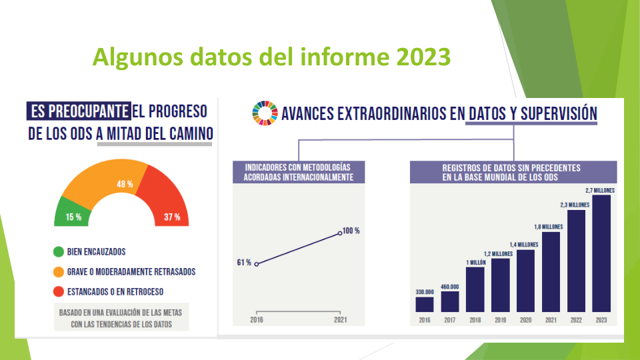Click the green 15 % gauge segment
coord(73,213)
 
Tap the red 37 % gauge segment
coord(167,200)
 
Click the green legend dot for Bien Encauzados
coord(59,252)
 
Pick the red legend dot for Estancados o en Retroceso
coord(59,291)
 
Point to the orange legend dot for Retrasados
coord(59,272)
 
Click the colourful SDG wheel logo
coord(265,113)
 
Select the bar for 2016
coord(425,305)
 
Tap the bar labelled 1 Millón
coord(475,290)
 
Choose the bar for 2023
coord(601,253)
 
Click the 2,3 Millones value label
coord(575,205)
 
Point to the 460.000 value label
coord(450,287)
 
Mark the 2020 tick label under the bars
coord(526,321)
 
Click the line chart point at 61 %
coord(256,265)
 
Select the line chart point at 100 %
coord(340,233)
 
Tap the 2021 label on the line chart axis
coord(341,320)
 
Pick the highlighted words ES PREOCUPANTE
coord(79,111)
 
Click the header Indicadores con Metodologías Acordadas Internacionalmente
coord(299,172)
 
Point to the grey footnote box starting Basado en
coord(121,317)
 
